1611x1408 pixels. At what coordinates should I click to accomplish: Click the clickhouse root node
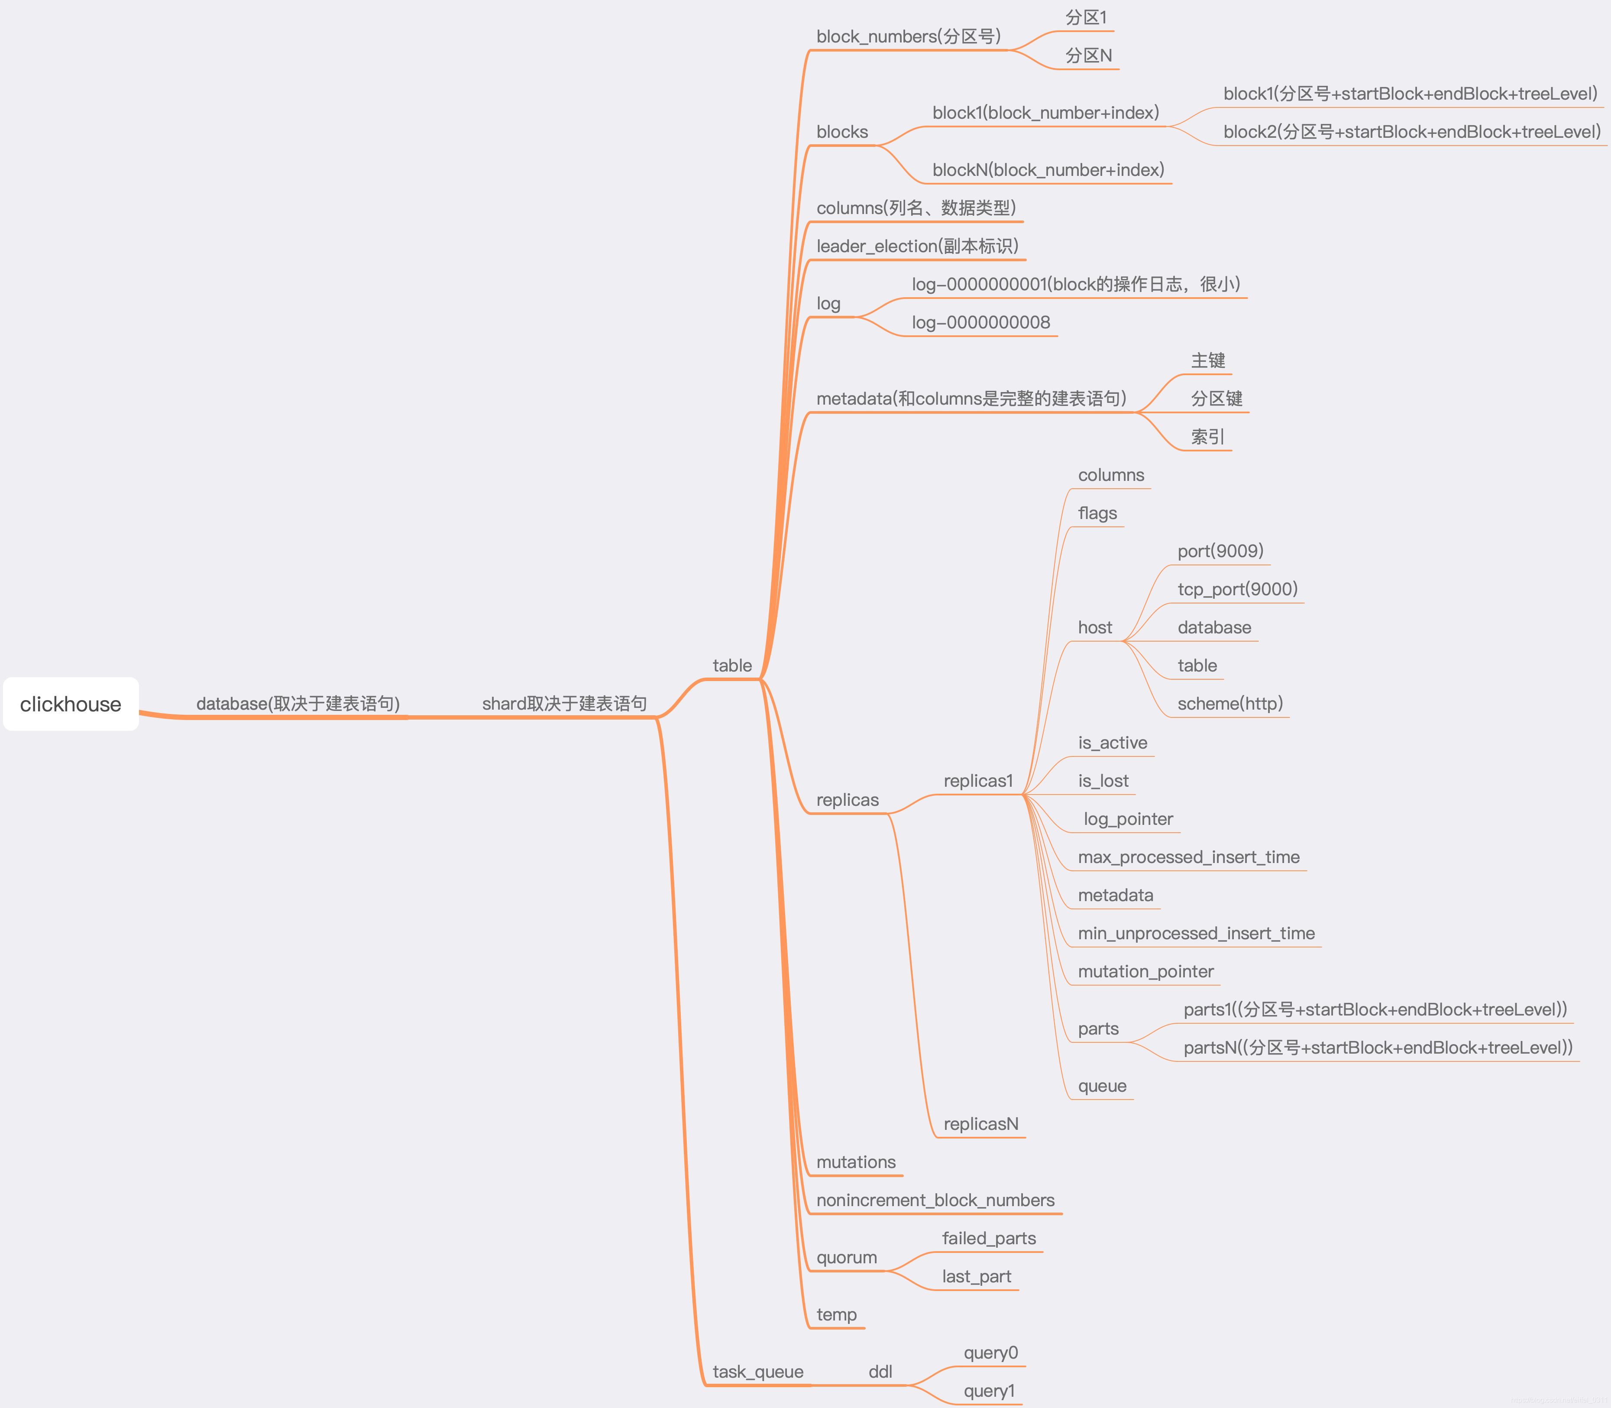(71, 704)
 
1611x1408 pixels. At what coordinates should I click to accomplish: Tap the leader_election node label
(917, 246)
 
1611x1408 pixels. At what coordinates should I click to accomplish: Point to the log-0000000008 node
(980, 322)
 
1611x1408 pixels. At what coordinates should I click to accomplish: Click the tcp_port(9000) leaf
(1237, 589)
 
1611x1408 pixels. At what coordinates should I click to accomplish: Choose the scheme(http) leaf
(1229, 704)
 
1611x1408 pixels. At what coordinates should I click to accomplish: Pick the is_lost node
(1103, 781)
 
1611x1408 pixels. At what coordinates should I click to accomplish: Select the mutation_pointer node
(1145, 972)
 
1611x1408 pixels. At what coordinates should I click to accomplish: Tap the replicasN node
(980, 1124)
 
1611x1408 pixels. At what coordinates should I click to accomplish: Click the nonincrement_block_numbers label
(935, 1200)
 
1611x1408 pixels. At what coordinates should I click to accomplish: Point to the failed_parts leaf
(989, 1239)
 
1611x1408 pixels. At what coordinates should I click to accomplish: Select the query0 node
(990, 1353)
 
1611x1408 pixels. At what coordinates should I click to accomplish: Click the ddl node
(880, 1372)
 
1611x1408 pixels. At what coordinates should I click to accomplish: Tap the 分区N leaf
(1088, 56)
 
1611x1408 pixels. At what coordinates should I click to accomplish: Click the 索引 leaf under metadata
(1207, 437)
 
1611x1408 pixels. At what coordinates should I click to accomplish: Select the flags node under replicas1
(1097, 513)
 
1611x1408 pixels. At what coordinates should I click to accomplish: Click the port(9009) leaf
(1220, 551)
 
